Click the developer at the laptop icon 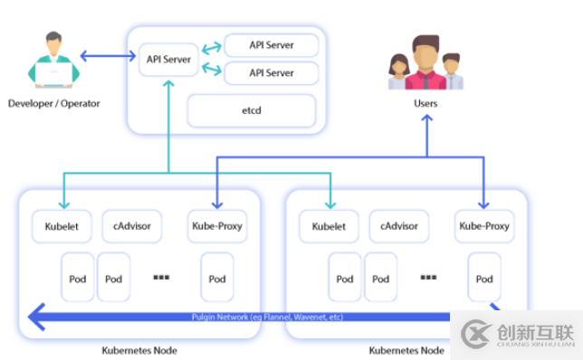click(x=52, y=59)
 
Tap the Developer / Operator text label click(x=53, y=103)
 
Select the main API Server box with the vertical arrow click(x=169, y=60)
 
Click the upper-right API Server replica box click(x=271, y=45)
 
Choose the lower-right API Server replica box click(x=271, y=72)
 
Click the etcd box click(x=251, y=110)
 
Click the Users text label click(x=425, y=103)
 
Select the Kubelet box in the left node click(x=62, y=225)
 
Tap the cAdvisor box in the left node click(x=131, y=225)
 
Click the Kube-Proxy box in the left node click(x=216, y=225)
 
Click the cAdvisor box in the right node click(x=399, y=225)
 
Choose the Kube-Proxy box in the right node click(x=484, y=225)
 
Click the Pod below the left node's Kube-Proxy click(x=216, y=278)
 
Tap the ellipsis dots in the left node click(x=162, y=277)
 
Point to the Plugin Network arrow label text click(x=266, y=317)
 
